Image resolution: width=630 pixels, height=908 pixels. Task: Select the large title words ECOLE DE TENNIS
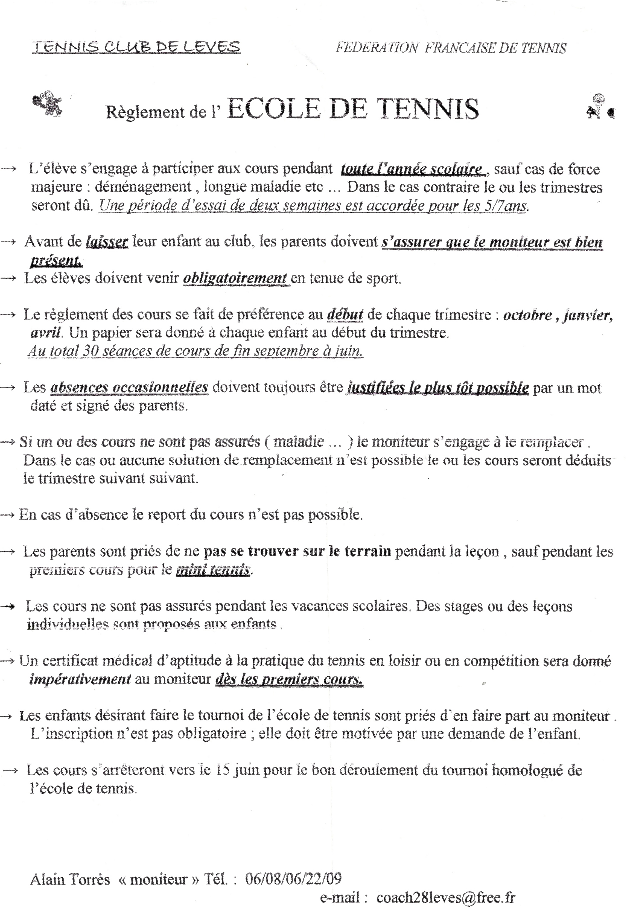point(353,109)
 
